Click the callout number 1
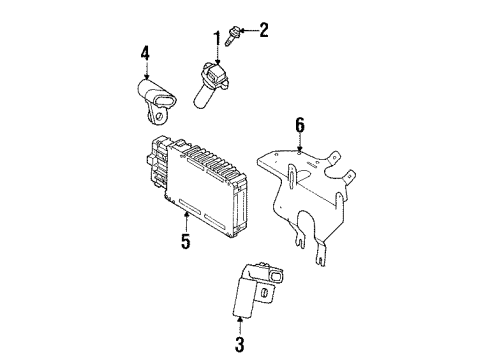213,40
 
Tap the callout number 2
264,31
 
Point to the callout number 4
146,53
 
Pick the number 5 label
185,241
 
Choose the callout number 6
298,125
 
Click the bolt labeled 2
232,38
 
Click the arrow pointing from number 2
246,33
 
